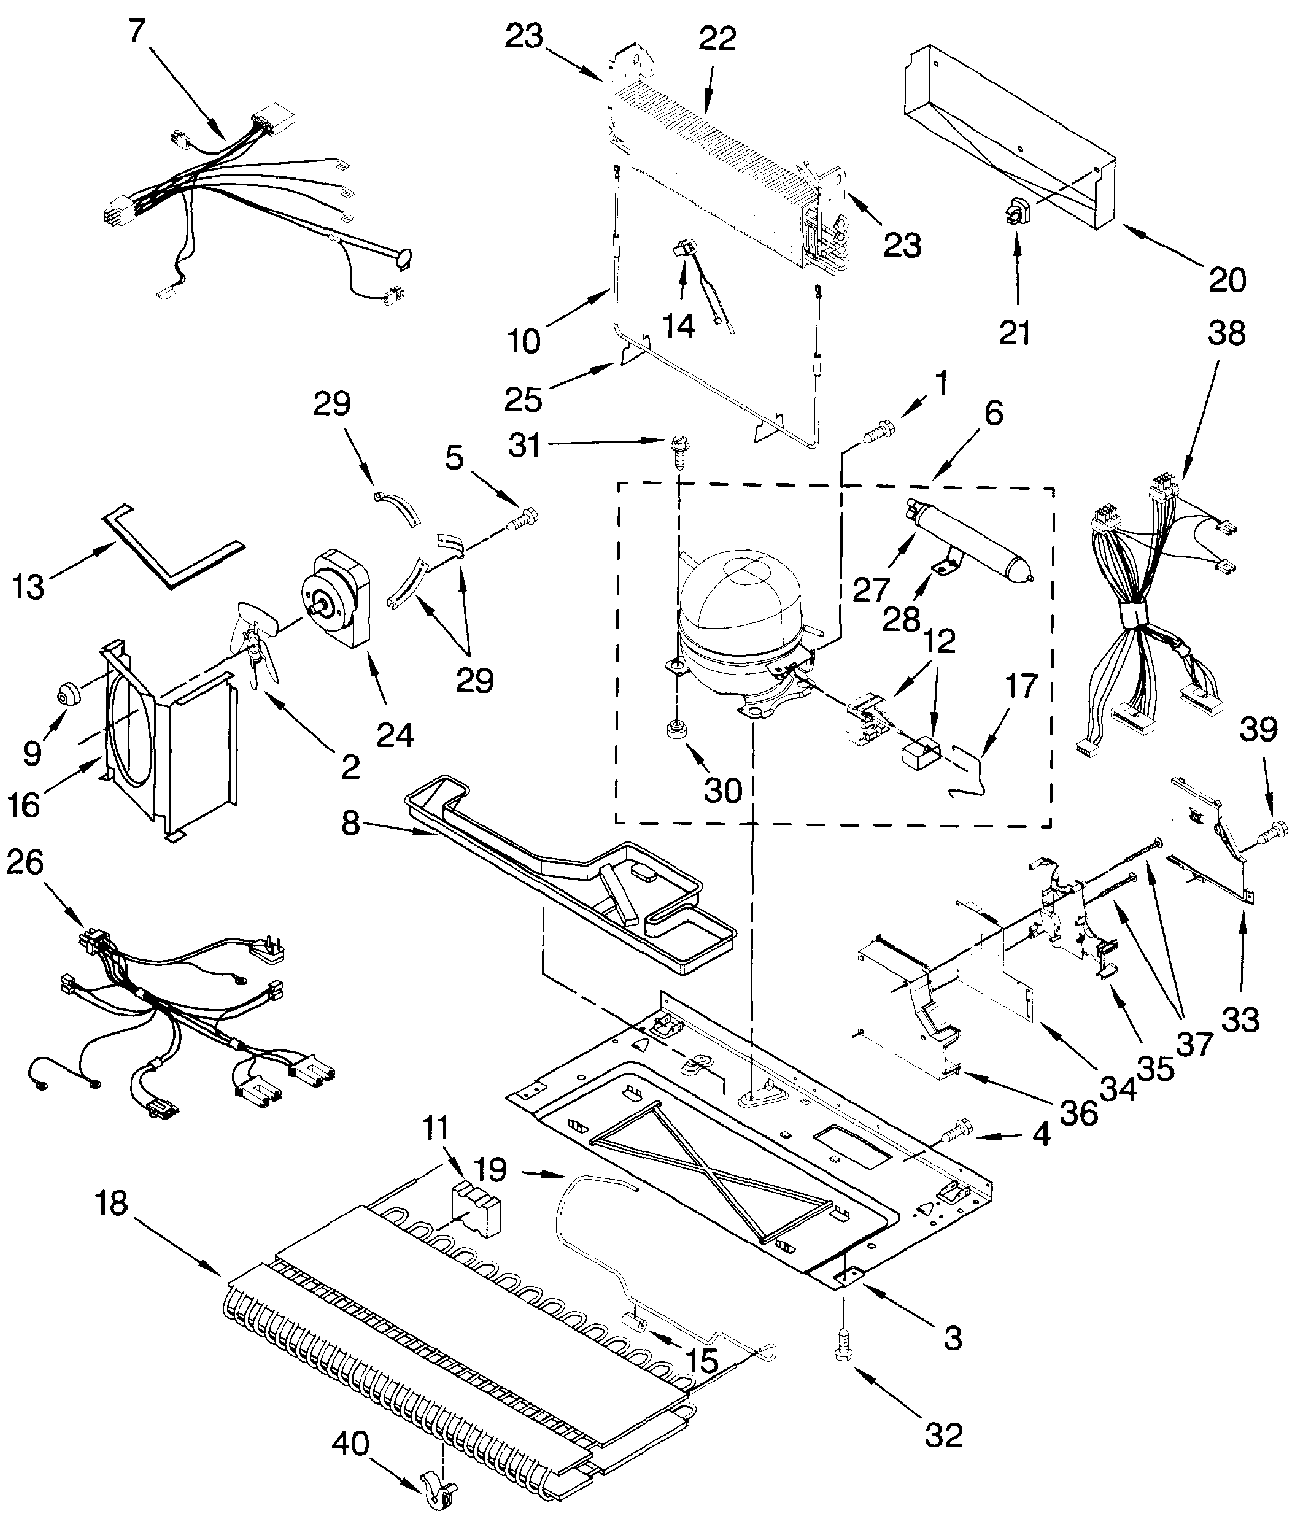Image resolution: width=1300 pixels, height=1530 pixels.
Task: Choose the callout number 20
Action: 1227,280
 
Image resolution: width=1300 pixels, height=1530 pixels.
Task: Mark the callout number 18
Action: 111,1204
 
